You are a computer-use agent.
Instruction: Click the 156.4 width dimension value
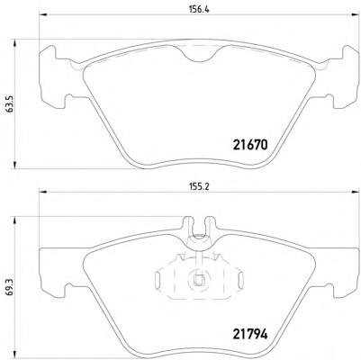(199, 9)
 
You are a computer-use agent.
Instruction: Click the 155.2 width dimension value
(199, 186)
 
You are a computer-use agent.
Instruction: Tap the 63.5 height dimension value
(10, 103)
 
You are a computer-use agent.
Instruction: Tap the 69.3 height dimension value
(10, 288)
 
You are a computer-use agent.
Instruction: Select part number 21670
(249, 145)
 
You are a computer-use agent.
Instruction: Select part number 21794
(249, 334)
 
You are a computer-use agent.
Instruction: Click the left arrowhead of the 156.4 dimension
(43, 14)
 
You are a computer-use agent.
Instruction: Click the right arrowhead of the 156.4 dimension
(356, 14)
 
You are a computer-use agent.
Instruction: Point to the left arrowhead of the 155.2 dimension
(43, 192)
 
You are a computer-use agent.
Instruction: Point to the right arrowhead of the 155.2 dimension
(356, 192)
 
